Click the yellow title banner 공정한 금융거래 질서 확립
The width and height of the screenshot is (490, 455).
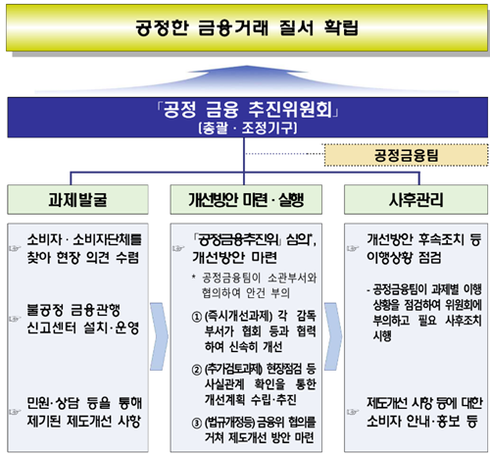tap(247, 27)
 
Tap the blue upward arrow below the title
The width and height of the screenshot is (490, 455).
tap(247, 78)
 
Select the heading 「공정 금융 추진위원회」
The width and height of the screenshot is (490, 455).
tap(248, 110)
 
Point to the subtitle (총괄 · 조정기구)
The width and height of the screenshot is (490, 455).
tap(248, 127)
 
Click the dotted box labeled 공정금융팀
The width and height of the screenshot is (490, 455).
tap(406, 155)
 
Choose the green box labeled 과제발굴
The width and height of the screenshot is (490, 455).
tap(77, 199)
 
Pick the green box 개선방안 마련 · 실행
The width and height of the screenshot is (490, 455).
tap(246, 199)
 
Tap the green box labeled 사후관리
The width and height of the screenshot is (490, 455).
tap(416, 199)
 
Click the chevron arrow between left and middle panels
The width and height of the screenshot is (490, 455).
tap(160, 336)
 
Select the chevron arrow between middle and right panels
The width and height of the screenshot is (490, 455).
tap(333, 336)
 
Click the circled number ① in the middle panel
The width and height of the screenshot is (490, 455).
tap(196, 317)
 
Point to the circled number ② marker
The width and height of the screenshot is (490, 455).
tap(196, 370)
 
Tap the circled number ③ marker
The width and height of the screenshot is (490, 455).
tap(196, 423)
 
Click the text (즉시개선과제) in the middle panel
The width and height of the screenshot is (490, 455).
tap(238, 316)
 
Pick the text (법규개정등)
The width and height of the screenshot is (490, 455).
tap(229, 423)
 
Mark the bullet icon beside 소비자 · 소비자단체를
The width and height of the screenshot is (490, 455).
tap(15, 249)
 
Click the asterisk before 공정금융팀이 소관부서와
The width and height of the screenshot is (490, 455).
tap(194, 277)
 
